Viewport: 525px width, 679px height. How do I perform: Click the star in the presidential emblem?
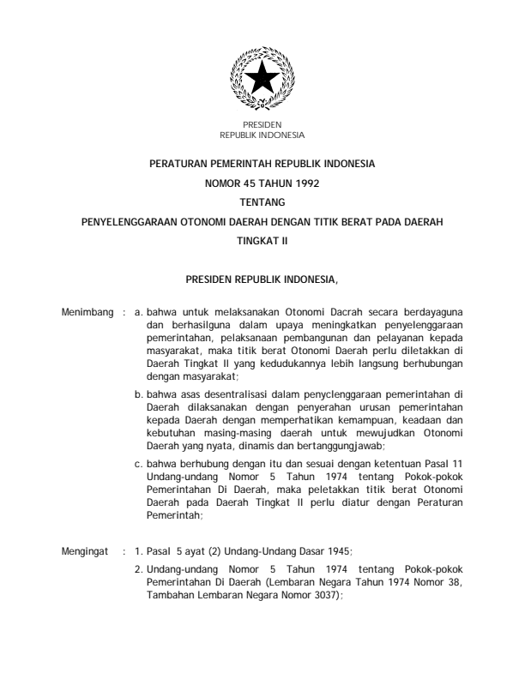click(262, 79)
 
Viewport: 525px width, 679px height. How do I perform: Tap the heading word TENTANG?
click(262, 201)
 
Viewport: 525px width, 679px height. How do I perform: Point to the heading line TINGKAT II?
click(262, 241)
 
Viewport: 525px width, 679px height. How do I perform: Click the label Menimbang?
click(84, 312)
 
